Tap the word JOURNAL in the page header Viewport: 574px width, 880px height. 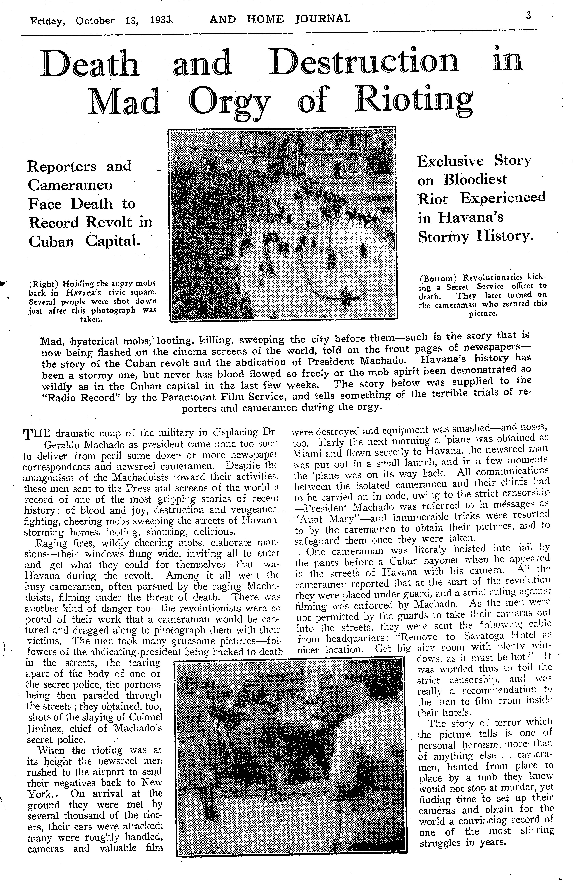[322, 19]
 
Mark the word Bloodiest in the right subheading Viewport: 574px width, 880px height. [475, 180]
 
